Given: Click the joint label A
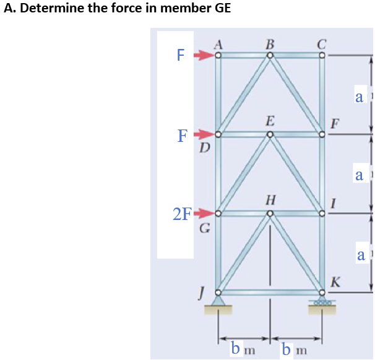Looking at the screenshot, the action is click(218, 43).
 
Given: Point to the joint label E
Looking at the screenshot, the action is click(270, 120).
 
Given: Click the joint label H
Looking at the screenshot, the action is click(270, 200).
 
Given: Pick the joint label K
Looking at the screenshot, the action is click(335, 283).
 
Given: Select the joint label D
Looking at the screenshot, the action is click(204, 148).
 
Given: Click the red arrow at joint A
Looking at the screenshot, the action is click(204, 56).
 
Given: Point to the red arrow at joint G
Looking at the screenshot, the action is click(204, 214).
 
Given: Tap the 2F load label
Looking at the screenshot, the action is click(183, 215).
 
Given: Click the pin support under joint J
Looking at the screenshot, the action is click(218, 302).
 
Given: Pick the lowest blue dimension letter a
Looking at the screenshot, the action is click(361, 254).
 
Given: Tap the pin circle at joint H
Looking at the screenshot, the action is click(270, 214).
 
